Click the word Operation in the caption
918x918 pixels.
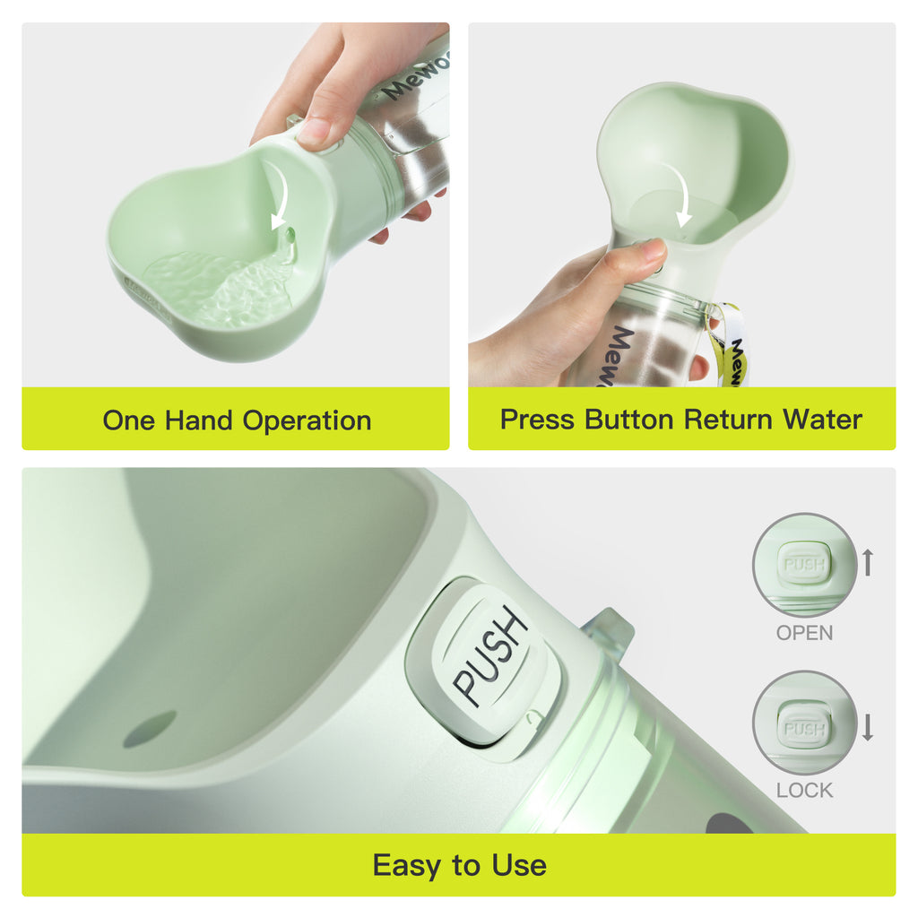(x=307, y=420)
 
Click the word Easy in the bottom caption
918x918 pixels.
(x=408, y=866)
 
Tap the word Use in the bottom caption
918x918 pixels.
(x=519, y=866)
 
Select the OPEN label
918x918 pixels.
(x=804, y=633)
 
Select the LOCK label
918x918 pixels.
(x=804, y=791)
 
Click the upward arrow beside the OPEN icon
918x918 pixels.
(x=867, y=563)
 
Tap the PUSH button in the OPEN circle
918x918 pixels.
(x=804, y=565)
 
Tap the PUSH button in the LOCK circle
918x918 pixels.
(x=804, y=727)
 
